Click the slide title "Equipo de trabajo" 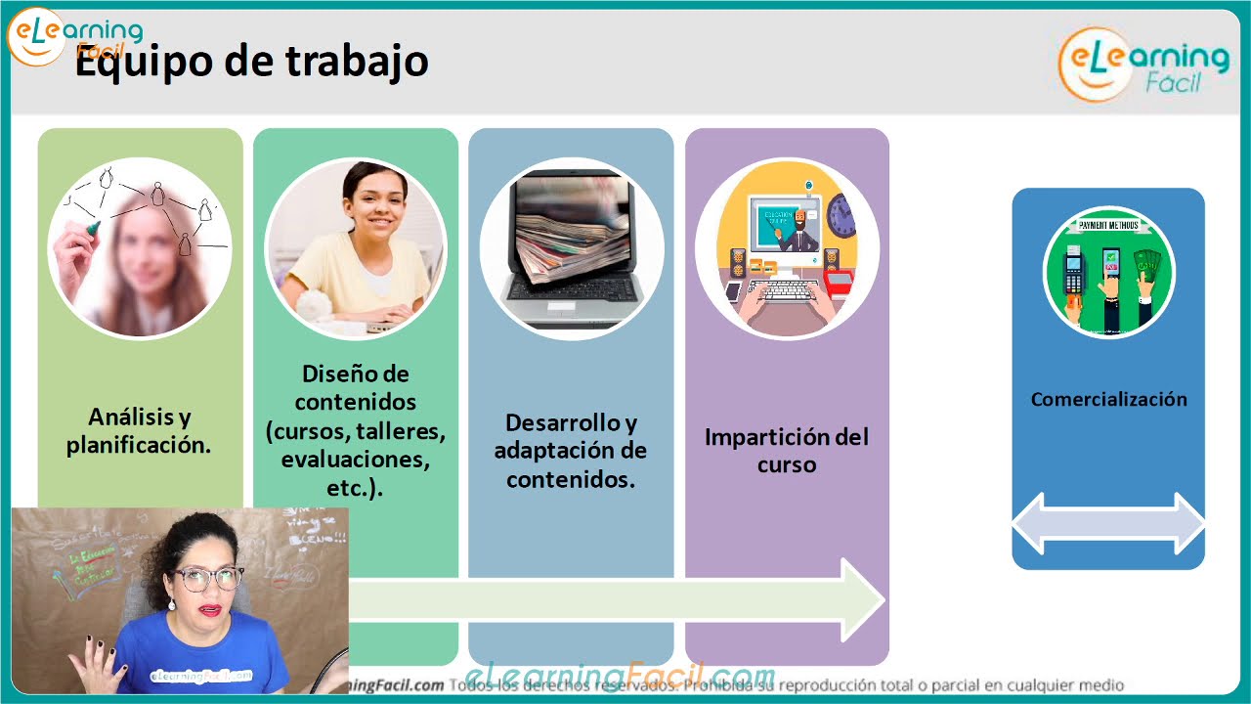tap(252, 63)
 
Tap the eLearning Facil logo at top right tap(1143, 64)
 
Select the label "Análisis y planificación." tap(139, 431)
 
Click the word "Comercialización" tap(1108, 399)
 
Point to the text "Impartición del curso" tap(786, 450)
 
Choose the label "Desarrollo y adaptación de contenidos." tap(571, 451)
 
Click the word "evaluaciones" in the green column tap(355, 459)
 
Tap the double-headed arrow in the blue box tap(1108, 524)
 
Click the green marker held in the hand tap(91, 228)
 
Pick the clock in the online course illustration tap(841, 215)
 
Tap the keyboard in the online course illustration tap(786, 290)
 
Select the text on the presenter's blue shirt tap(202, 675)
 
